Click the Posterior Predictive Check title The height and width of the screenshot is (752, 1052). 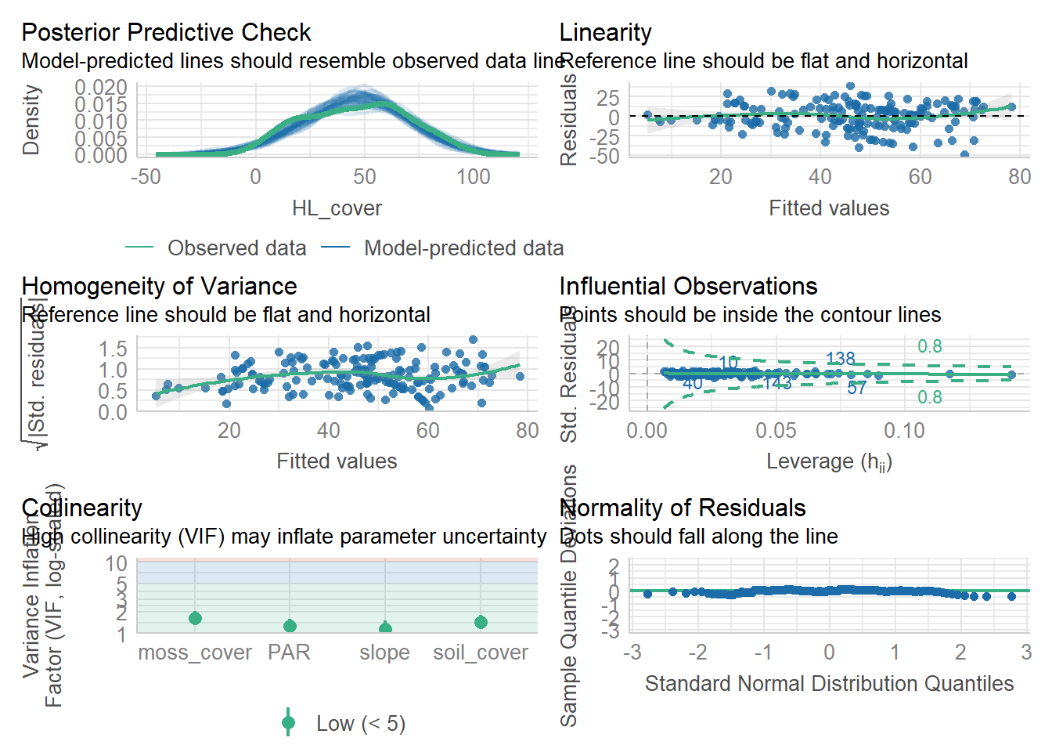click(x=166, y=33)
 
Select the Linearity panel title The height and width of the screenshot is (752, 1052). click(x=605, y=33)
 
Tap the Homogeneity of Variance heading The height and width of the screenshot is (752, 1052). click(x=159, y=287)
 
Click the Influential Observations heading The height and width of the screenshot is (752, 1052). click(x=688, y=287)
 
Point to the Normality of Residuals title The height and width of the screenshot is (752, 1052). click(x=683, y=508)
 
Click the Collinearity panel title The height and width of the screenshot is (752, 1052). click(x=81, y=508)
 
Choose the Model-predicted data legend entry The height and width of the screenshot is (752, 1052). click(x=463, y=248)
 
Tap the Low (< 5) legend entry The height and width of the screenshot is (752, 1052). click(x=360, y=724)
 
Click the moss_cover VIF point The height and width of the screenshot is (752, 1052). click(x=195, y=619)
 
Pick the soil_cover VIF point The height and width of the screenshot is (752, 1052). click(x=481, y=622)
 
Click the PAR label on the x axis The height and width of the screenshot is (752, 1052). click(x=289, y=653)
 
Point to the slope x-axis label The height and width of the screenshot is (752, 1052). click(x=384, y=653)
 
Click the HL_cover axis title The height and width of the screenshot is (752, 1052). click(x=337, y=208)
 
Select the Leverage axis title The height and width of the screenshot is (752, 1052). click(x=829, y=462)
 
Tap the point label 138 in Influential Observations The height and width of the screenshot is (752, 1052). click(x=840, y=359)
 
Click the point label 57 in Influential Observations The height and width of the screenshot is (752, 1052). click(x=856, y=388)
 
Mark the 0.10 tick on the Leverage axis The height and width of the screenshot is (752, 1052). click(x=904, y=431)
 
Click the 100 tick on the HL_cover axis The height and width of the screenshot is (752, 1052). click(x=474, y=177)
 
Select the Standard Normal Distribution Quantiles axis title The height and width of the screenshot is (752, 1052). click(x=829, y=684)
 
